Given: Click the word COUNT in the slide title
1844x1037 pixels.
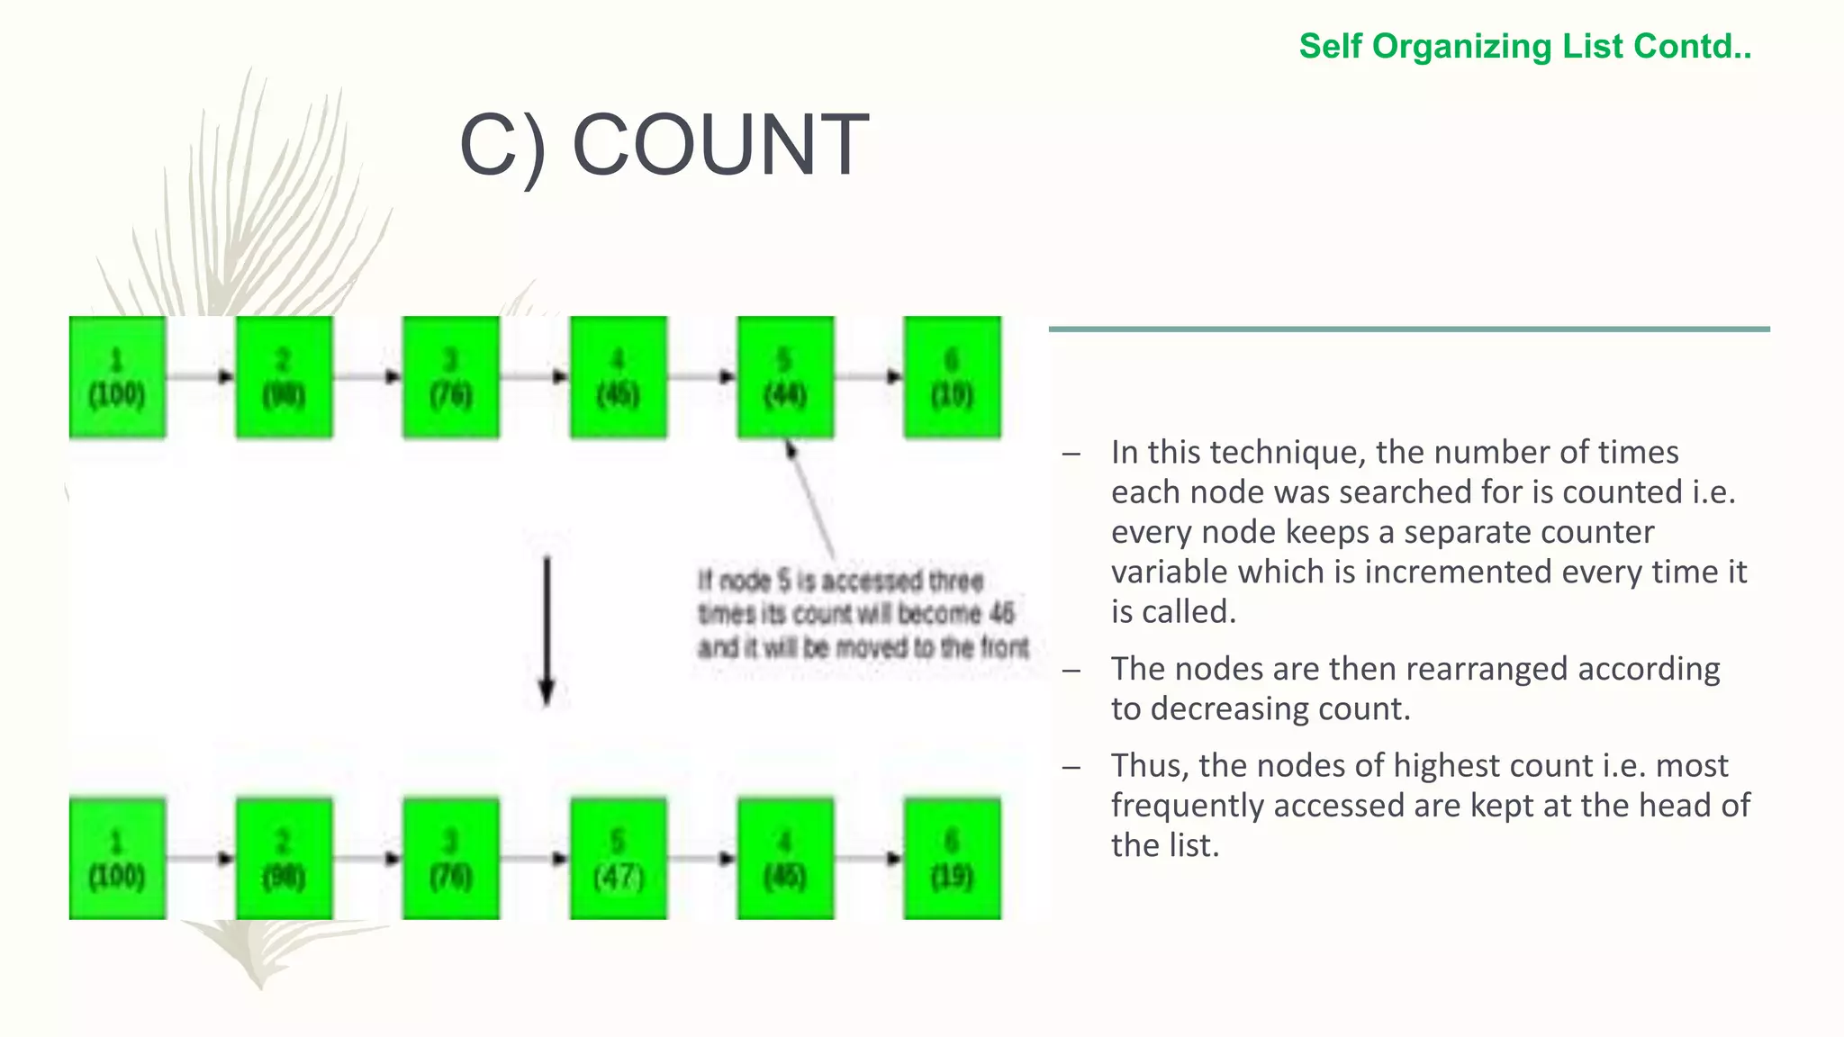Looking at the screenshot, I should [x=720, y=145].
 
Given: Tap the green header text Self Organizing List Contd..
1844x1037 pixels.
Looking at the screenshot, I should [x=1524, y=46].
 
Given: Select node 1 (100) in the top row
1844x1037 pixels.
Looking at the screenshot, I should [x=117, y=378].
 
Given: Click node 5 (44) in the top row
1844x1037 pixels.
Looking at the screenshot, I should [x=785, y=378].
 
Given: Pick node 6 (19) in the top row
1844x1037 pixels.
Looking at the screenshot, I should [x=952, y=378].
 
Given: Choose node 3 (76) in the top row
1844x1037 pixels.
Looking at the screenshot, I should [x=450, y=378].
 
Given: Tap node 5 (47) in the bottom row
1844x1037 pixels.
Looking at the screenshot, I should [x=618, y=859].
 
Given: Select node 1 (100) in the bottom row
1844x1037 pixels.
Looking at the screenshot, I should [x=117, y=859].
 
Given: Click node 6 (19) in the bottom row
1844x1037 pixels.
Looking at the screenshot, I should [x=952, y=859].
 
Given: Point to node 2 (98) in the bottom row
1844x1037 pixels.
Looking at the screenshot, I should [x=284, y=859].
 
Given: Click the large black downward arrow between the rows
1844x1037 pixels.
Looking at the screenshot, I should [x=547, y=630].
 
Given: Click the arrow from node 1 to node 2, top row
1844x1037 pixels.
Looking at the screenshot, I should [x=201, y=376].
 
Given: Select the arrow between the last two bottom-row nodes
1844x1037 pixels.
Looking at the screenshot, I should [x=869, y=859].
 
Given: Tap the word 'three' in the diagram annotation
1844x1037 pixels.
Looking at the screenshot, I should [x=955, y=582].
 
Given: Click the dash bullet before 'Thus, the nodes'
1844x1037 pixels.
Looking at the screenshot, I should [x=1071, y=766].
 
